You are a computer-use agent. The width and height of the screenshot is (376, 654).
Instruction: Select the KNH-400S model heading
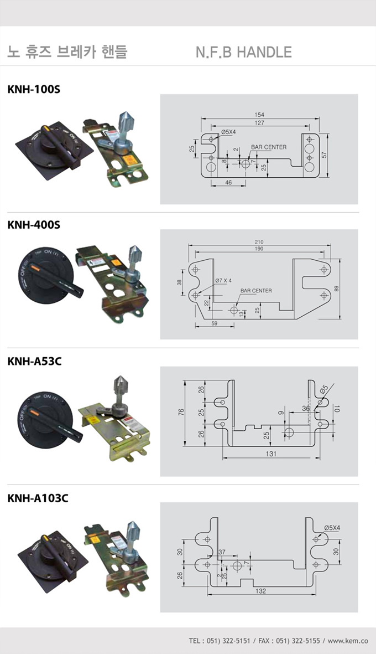click(x=34, y=225)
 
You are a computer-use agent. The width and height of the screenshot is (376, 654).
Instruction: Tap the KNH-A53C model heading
click(x=35, y=362)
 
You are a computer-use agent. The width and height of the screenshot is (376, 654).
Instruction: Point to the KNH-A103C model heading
click(x=38, y=498)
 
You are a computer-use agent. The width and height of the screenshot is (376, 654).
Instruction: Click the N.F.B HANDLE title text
click(x=243, y=53)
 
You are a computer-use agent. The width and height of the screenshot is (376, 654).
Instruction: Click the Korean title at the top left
click(x=67, y=53)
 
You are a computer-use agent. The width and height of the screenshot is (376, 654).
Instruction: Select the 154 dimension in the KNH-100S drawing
click(x=260, y=115)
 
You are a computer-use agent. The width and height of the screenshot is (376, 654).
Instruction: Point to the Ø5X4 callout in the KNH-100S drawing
click(x=228, y=132)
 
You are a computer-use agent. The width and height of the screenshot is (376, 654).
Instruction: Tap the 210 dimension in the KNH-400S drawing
click(x=259, y=242)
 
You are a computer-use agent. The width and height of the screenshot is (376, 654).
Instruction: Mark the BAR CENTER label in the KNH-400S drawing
click(x=256, y=290)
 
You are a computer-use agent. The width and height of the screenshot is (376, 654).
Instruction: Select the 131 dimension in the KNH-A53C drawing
click(x=271, y=454)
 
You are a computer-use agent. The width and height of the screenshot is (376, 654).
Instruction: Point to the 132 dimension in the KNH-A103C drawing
click(x=261, y=591)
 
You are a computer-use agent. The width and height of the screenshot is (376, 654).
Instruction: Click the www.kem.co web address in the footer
click(x=348, y=641)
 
